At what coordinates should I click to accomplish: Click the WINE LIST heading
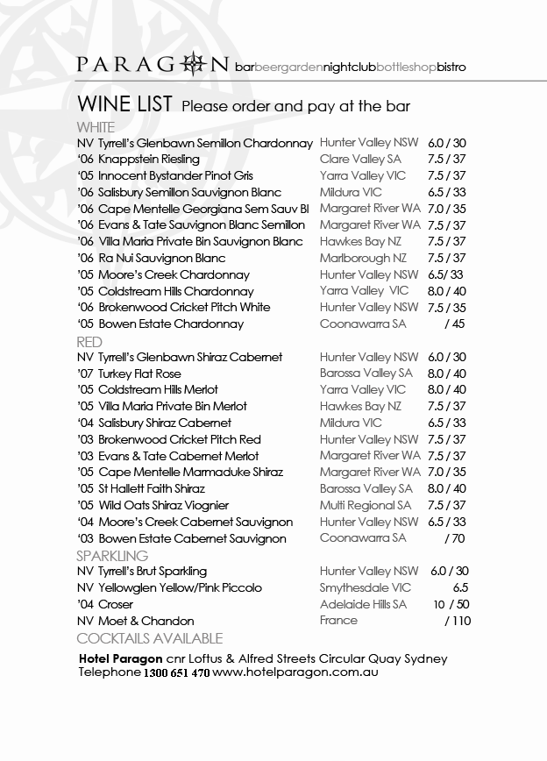[x=124, y=105]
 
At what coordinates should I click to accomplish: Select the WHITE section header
[x=96, y=127]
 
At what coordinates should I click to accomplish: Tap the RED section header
[x=89, y=342]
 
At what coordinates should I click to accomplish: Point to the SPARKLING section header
[x=112, y=556]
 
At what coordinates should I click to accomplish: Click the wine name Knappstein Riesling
[x=149, y=160]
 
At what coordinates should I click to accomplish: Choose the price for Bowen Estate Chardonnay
[x=455, y=324]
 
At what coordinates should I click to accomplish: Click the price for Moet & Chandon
[x=458, y=621]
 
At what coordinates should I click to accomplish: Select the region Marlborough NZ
[x=363, y=259]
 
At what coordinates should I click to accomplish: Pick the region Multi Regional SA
[x=365, y=506]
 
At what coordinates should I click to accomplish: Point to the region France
[x=338, y=621]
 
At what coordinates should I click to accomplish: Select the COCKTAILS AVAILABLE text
[x=150, y=638]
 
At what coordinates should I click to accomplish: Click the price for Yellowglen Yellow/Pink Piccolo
[x=460, y=588]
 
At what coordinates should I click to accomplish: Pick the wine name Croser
[x=116, y=605]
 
